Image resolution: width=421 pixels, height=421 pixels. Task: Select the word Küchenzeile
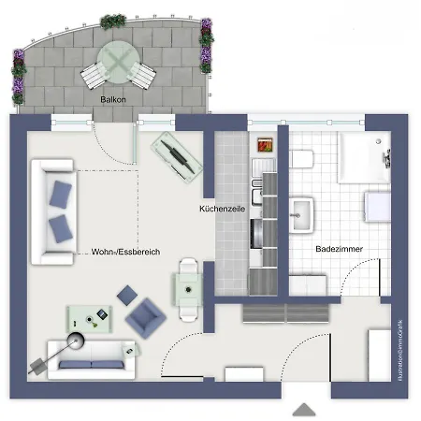[x=222, y=210]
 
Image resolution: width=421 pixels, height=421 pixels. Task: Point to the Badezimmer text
[x=339, y=249]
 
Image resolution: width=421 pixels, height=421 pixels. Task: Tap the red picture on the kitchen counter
[x=265, y=145]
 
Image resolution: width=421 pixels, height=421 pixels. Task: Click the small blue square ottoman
[x=126, y=297]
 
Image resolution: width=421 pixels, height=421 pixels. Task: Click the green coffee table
[x=91, y=319]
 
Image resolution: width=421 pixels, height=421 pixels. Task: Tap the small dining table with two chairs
[x=188, y=288]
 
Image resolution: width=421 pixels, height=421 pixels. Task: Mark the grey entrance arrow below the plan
[x=304, y=410]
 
